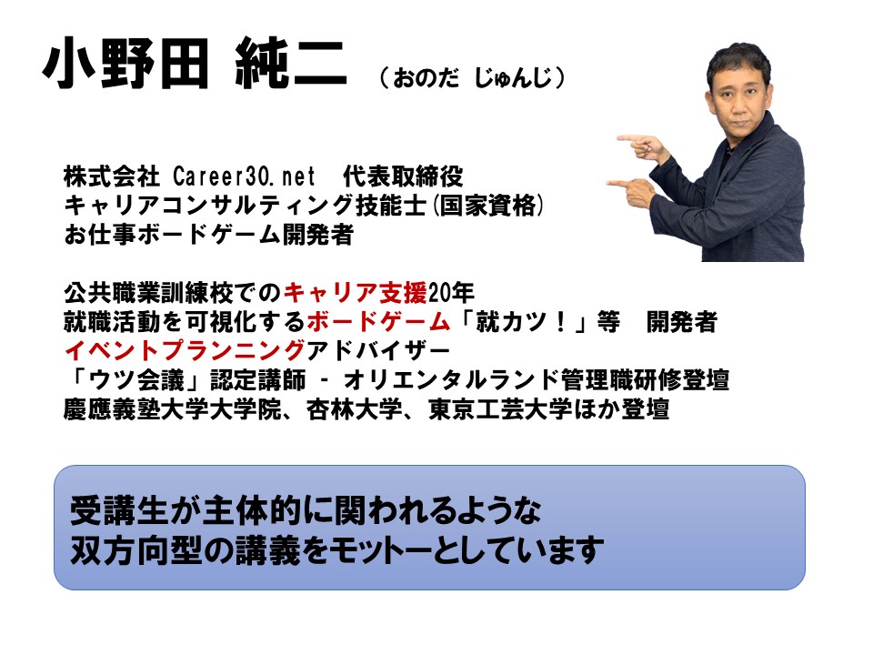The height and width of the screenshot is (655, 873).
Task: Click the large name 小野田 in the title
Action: (x=125, y=64)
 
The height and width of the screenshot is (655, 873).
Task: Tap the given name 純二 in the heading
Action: (x=291, y=64)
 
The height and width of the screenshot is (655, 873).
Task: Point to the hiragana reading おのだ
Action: (x=426, y=78)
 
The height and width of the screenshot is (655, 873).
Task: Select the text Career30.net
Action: (x=244, y=176)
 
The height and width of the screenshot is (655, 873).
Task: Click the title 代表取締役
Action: (x=403, y=176)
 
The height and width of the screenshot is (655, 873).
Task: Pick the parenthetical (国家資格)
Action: (x=487, y=206)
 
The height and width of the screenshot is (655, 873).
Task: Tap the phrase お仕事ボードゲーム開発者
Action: (x=209, y=235)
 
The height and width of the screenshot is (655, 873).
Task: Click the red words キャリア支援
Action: (x=356, y=292)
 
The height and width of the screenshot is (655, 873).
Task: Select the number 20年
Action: (x=451, y=292)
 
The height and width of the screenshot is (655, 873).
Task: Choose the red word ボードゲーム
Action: (x=378, y=321)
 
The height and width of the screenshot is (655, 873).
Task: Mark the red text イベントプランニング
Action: (x=185, y=350)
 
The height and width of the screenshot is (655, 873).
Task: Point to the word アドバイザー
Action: (x=378, y=350)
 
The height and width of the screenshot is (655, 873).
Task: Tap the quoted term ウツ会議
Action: (x=136, y=380)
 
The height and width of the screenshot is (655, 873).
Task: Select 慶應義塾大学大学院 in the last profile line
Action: (x=173, y=409)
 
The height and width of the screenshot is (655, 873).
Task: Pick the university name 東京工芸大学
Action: (x=500, y=409)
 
